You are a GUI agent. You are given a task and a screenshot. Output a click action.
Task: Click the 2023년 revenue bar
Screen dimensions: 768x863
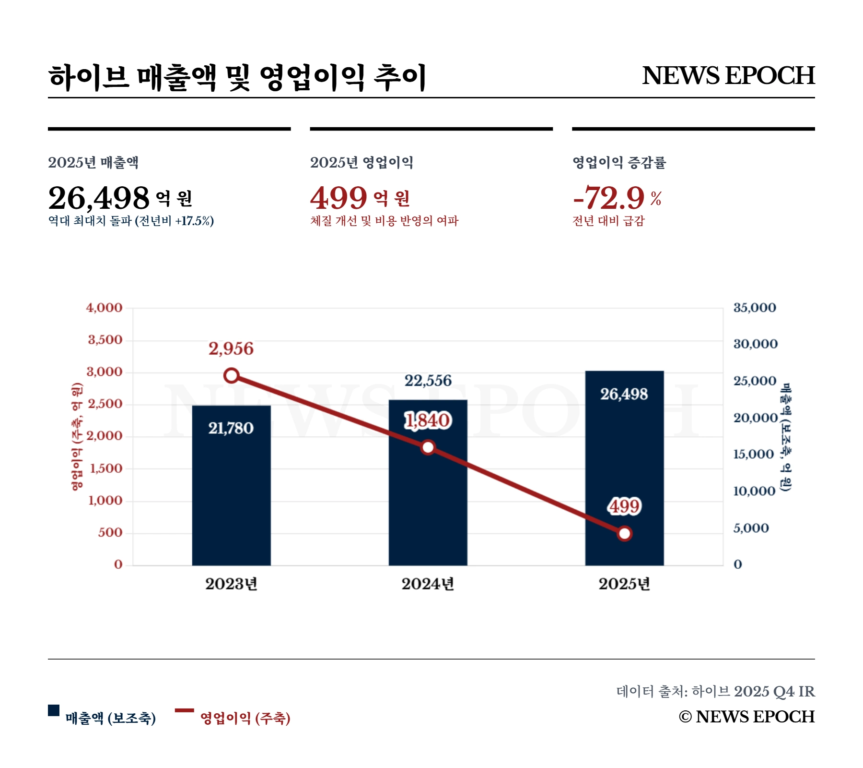[x=231, y=485]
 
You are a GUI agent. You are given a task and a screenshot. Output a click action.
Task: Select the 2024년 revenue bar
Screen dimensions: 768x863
[x=428, y=504]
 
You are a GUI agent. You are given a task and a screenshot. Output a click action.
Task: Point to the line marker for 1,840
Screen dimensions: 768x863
[x=428, y=447]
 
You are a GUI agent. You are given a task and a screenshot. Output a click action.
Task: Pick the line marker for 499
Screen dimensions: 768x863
[x=624, y=533]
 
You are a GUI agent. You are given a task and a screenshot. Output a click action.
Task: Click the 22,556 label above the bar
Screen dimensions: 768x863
[x=428, y=381]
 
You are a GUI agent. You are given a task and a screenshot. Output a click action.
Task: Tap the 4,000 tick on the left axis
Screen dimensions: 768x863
[x=104, y=308]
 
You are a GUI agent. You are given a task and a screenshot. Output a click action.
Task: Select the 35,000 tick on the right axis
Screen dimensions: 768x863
[x=755, y=308]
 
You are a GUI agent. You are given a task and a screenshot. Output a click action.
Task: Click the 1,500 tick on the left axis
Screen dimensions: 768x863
[x=106, y=468]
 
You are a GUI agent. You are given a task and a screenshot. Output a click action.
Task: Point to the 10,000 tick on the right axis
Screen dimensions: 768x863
[x=754, y=491]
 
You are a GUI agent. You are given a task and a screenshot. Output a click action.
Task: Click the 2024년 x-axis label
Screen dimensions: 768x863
[x=428, y=584]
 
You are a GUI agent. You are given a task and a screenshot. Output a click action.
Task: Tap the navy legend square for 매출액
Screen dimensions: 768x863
[x=54, y=710]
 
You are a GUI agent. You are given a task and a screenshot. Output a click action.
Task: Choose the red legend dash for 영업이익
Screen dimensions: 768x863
[x=184, y=710]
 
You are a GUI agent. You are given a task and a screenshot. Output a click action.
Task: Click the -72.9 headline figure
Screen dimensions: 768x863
[x=609, y=198]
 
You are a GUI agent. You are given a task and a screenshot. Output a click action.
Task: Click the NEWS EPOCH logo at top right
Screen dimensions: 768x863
[x=728, y=75]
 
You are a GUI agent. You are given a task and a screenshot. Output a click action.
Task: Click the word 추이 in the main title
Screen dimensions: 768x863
[x=400, y=78]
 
